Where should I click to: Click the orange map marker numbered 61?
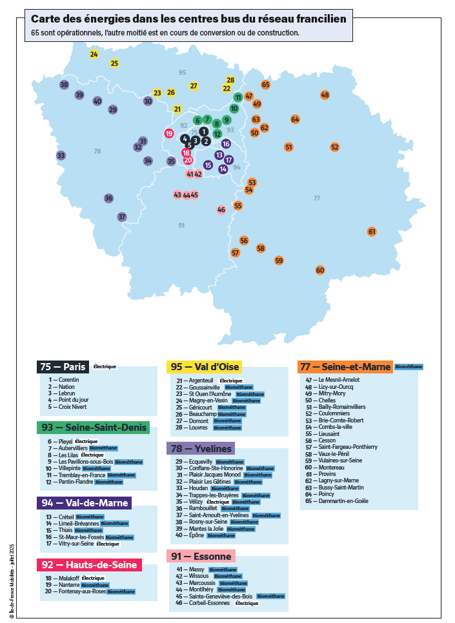372,232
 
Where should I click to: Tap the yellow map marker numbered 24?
94,54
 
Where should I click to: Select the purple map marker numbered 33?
61,155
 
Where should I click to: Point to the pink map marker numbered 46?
221,210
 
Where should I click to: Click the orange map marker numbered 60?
320,270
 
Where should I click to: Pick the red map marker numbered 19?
169,133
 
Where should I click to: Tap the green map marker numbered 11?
238,97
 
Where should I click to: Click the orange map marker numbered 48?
325,95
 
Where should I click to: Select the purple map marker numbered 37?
122,217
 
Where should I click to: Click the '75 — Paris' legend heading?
63,366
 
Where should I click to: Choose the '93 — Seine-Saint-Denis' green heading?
93,428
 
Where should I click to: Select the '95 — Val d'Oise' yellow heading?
205,366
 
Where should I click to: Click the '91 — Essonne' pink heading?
201,556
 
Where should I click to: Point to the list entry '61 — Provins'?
327,473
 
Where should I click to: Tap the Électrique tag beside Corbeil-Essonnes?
247,603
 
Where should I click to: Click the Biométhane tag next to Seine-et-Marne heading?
409,366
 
